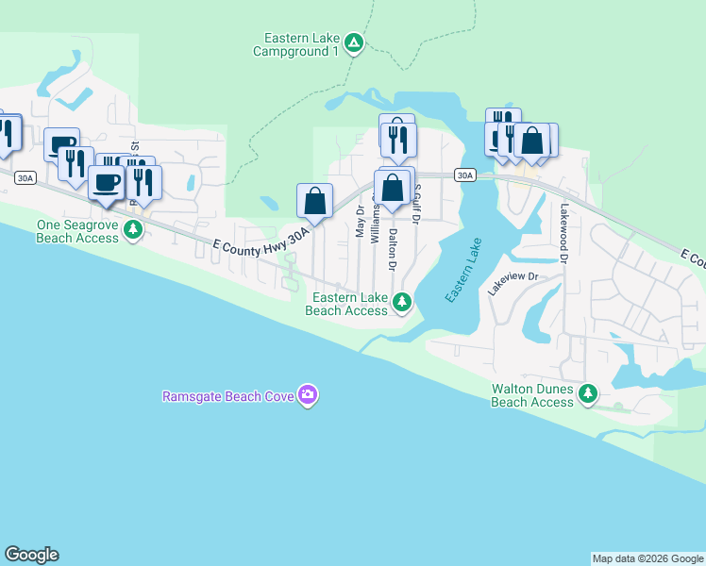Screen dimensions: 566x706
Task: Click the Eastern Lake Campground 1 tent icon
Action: coord(353,42)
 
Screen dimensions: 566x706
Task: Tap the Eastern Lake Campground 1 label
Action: coord(295,44)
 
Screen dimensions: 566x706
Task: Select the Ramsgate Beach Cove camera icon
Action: coord(307,395)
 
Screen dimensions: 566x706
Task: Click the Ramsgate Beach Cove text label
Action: coord(227,396)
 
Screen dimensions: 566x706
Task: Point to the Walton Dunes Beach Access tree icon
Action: coord(589,392)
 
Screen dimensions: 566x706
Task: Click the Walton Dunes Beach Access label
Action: coord(532,395)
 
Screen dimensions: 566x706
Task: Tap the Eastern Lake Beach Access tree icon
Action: coord(403,302)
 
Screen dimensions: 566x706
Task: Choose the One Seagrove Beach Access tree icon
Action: coord(134,229)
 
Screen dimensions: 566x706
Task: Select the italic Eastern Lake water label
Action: coord(463,271)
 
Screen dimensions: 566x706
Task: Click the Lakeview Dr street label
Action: coord(513,284)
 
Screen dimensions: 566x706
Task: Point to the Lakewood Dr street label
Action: coord(565,233)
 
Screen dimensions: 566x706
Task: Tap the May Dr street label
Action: coord(360,220)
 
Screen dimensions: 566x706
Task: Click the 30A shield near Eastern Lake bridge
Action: coord(463,175)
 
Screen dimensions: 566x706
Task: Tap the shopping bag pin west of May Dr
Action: coord(315,200)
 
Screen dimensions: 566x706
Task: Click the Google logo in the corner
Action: coord(31,555)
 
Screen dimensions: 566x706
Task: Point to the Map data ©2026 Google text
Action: coord(647,558)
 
